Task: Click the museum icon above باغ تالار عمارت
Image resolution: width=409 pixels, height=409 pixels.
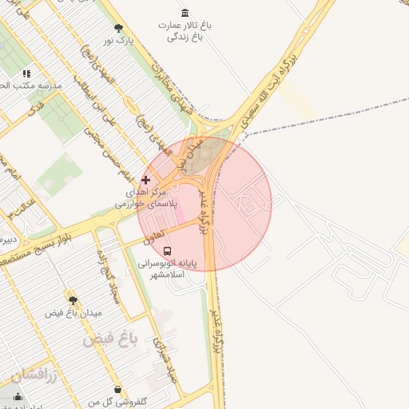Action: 186,14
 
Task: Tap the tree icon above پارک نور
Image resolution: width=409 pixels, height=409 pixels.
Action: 119,28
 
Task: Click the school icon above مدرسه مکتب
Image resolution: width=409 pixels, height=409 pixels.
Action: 26,73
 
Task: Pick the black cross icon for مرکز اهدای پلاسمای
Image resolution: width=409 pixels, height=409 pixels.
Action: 145,180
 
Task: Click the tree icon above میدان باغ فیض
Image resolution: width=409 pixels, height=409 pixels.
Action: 73,300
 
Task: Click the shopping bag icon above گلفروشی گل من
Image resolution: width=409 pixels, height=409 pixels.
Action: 118,390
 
